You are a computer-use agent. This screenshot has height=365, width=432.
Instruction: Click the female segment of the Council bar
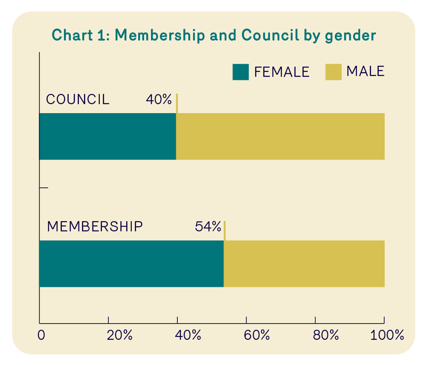click(x=107, y=136)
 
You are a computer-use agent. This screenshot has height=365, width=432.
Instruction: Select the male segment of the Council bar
click(x=280, y=136)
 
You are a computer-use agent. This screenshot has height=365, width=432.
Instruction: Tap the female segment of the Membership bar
click(x=131, y=263)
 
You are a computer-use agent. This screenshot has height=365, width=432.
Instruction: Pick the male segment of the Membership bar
click(x=304, y=263)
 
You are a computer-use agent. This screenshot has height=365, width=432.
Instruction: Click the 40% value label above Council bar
click(x=159, y=100)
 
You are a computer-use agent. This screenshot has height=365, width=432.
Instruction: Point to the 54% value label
click(x=208, y=227)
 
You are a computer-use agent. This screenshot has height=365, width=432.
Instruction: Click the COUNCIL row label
click(x=78, y=99)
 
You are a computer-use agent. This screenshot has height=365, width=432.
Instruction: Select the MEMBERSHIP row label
click(x=95, y=227)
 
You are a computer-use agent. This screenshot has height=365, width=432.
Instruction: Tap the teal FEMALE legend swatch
click(x=241, y=72)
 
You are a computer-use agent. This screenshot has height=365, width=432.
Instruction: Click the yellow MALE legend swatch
click(x=333, y=72)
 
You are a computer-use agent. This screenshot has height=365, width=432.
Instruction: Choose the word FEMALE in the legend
click(x=281, y=72)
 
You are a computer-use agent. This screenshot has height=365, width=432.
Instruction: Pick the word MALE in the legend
click(x=365, y=71)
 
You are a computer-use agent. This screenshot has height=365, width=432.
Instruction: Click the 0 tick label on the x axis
click(x=41, y=335)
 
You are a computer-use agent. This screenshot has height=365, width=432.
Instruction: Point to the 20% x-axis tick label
click(x=119, y=335)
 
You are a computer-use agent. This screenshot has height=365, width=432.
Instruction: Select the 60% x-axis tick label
click(x=257, y=335)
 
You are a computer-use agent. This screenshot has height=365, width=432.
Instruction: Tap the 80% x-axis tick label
click(x=325, y=335)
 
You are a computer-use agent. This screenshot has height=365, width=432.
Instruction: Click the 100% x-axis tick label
click(x=387, y=335)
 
